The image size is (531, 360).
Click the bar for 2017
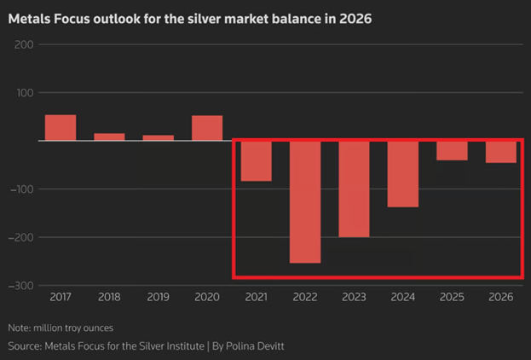pos(61,127)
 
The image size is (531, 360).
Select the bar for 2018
pos(109,136)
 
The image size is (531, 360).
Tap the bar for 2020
pos(207,128)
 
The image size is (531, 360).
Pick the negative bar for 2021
pos(256,161)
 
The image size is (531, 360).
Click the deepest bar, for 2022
pos(305,202)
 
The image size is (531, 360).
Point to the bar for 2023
pos(354,189)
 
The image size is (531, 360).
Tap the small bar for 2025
pos(452,150)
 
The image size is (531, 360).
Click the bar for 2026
pos(501,152)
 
